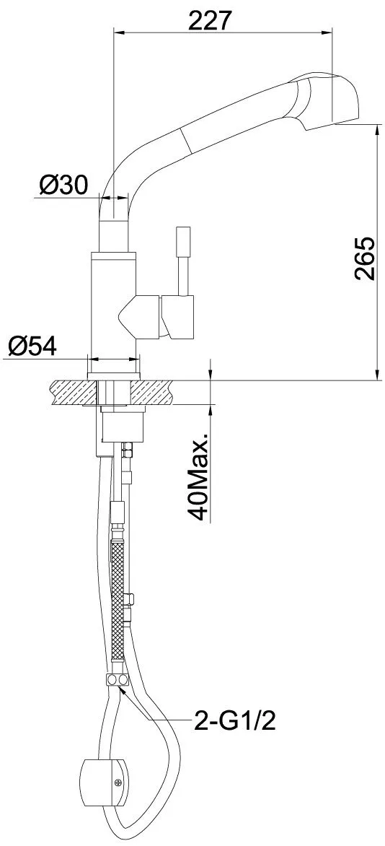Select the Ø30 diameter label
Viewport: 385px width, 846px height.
tap(63, 186)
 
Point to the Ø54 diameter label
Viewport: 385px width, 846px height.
tap(32, 345)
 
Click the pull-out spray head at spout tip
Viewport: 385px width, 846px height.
tap(326, 101)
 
